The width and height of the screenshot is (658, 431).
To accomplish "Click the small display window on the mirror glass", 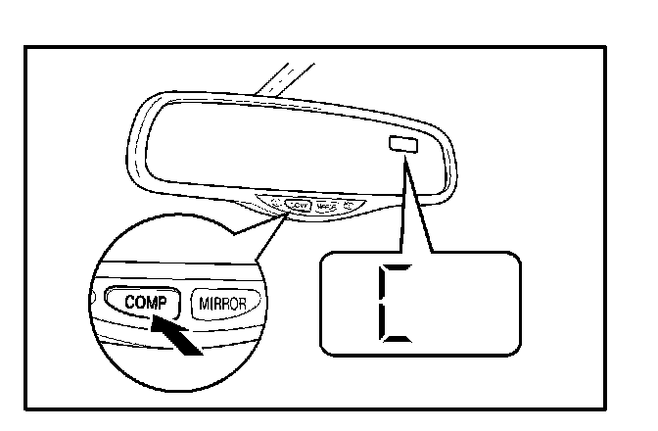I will (402, 145).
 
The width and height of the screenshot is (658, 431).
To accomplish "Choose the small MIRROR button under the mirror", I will (327, 207).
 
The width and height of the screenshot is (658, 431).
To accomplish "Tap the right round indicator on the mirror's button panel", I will (350, 207).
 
